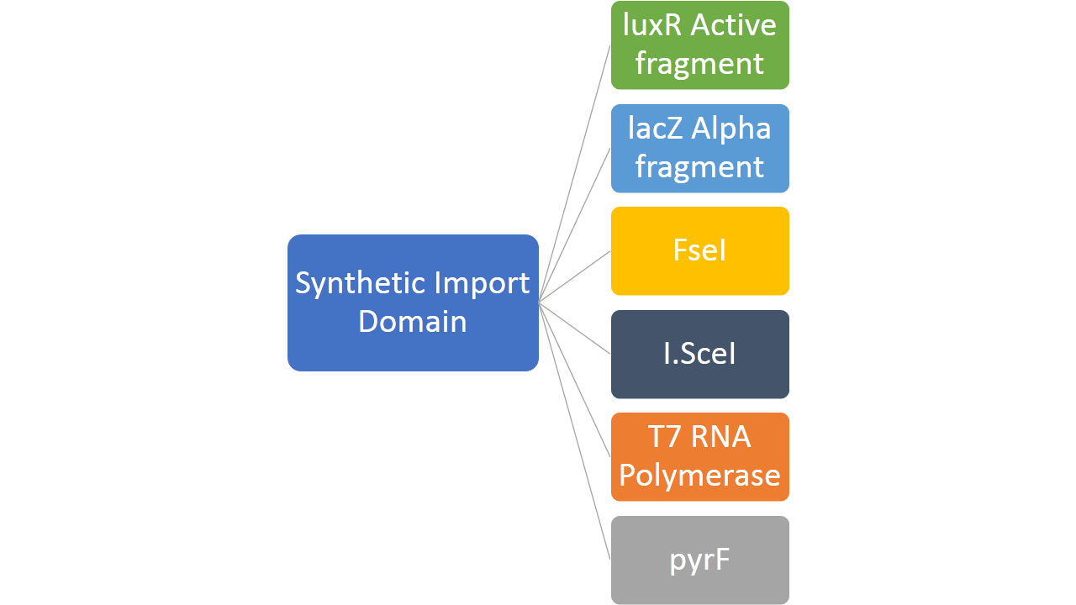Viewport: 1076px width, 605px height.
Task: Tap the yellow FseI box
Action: [x=699, y=251]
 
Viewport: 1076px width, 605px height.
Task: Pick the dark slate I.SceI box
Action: [x=699, y=354]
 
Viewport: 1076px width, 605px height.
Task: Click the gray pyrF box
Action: [x=699, y=560]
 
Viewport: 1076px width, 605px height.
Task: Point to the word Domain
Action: [x=412, y=321]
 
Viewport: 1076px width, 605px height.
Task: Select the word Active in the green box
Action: [x=733, y=26]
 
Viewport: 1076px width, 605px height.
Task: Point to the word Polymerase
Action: [x=699, y=476]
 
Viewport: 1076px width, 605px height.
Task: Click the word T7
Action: [x=663, y=438]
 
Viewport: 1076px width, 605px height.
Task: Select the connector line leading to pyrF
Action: [x=574, y=429]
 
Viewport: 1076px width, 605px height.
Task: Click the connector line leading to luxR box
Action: [x=574, y=172]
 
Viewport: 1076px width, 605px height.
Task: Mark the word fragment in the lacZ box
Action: [x=699, y=167]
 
